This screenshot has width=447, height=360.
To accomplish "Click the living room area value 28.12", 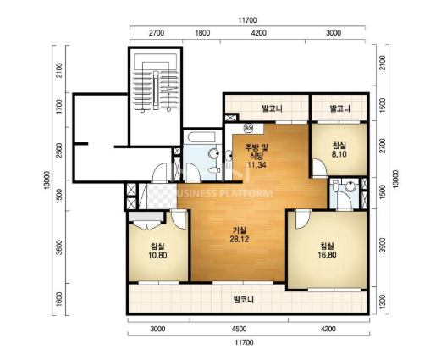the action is (240, 239).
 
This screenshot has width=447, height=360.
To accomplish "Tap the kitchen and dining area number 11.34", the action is (257, 164).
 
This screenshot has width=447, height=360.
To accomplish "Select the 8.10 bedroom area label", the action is (339, 154).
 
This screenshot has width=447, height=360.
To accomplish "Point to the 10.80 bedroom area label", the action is (157, 255).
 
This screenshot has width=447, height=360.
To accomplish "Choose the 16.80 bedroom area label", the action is (327, 254).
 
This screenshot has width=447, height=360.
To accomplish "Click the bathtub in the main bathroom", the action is (201, 137).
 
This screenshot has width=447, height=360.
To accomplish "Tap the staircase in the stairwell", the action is (156, 91).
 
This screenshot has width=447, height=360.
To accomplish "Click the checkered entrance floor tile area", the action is (163, 197).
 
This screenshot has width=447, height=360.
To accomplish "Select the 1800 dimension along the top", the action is (202, 33).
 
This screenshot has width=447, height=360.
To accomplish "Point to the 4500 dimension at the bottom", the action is (239, 329).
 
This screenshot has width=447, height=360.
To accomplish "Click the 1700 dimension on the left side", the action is (59, 107).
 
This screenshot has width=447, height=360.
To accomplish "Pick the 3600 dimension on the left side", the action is (59, 247).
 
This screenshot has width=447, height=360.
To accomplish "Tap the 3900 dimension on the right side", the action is (383, 245).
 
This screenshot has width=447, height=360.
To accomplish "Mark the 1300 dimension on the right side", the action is (383, 302).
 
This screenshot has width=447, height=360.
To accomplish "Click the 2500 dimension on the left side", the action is (59, 150).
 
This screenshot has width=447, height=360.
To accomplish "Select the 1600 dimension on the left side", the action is (59, 299).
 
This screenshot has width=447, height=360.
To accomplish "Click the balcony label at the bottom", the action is (244, 300).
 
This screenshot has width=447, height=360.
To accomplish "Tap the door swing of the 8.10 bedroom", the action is (319, 169).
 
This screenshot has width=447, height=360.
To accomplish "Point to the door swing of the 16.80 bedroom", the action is (303, 219).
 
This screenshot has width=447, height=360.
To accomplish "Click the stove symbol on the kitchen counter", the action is (249, 128).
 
